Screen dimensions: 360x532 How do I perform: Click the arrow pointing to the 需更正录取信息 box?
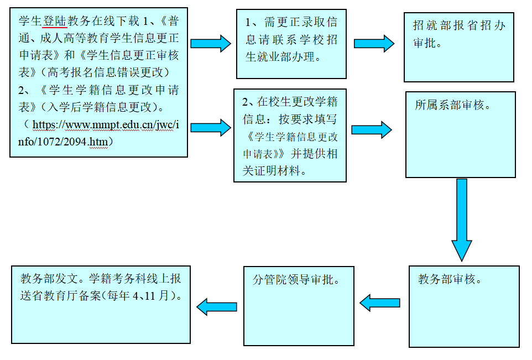(x=211, y=43)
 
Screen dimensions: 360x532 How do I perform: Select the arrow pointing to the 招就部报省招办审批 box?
(x=374, y=43)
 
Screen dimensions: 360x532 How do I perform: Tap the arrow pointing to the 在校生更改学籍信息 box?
(x=211, y=127)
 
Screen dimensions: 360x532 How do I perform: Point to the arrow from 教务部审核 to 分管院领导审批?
(x=380, y=302)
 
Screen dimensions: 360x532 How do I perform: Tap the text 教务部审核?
(x=450, y=279)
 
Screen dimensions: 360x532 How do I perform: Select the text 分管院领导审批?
(x=296, y=279)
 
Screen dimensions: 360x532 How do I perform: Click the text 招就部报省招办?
(x=459, y=25)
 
